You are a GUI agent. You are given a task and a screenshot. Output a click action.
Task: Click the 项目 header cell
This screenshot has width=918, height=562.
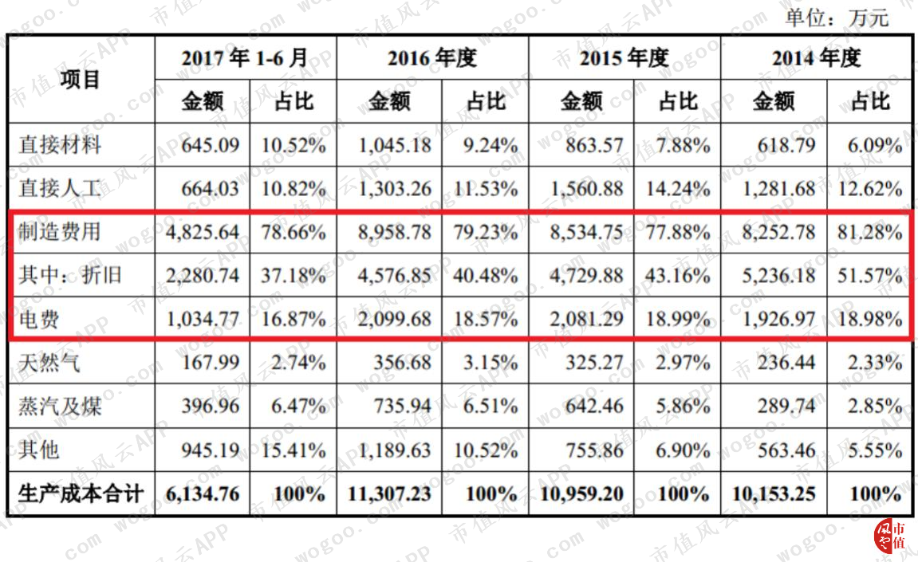(x=81, y=79)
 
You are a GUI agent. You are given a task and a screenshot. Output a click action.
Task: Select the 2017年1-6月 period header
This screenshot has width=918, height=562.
(x=245, y=58)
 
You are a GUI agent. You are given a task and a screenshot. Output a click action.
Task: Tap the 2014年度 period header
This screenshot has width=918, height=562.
(x=816, y=58)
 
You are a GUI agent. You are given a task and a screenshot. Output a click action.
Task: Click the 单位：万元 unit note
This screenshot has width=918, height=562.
(x=837, y=18)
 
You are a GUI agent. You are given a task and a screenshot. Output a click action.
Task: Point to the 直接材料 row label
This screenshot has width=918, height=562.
(x=60, y=144)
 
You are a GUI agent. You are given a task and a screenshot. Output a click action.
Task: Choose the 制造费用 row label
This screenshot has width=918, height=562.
(x=60, y=232)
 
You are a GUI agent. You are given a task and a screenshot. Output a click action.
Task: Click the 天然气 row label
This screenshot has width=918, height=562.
(x=49, y=363)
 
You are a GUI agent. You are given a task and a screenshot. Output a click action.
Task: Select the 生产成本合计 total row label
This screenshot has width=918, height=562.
(x=81, y=493)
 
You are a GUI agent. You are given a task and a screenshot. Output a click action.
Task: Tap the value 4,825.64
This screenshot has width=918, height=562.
(x=203, y=233)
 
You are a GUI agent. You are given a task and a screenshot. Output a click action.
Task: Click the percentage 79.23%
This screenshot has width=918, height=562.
(x=486, y=233)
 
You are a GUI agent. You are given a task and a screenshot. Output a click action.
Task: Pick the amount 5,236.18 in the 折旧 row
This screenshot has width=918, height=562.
(x=778, y=276)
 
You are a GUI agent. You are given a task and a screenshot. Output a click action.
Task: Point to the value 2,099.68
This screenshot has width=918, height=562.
(x=395, y=320)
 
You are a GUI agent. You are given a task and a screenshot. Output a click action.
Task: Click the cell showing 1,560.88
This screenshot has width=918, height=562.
(x=587, y=189)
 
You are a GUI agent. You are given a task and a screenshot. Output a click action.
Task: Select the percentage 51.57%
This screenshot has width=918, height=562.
(x=869, y=276)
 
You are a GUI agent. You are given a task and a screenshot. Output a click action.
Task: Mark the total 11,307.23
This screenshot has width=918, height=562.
(x=389, y=494)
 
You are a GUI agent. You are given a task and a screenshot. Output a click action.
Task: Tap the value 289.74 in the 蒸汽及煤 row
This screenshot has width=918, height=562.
(x=786, y=407)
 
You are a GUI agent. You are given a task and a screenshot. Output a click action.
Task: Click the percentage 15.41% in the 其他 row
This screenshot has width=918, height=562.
(x=294, y=450)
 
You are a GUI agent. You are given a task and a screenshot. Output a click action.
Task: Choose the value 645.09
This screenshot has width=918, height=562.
(x=211, y=145)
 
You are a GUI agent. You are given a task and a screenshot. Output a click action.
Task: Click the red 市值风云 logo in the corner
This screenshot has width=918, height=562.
(x=889, y=536)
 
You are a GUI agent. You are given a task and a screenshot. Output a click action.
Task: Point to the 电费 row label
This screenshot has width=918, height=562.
(x=38, y=320)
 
